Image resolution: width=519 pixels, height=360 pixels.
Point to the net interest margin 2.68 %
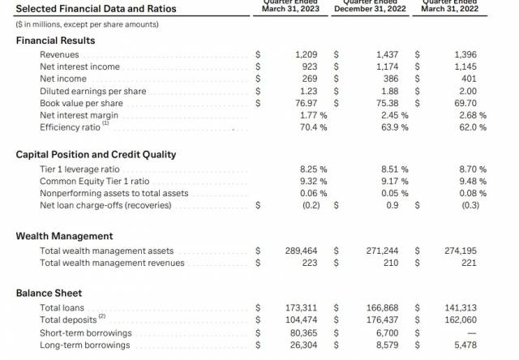click(471, 115)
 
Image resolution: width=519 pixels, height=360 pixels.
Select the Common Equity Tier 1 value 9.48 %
click(471, 181)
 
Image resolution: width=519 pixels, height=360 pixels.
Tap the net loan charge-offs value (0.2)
click(309, 205)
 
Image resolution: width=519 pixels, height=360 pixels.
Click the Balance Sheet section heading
click(49, 293)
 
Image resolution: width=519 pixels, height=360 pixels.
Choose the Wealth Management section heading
click(64, 236)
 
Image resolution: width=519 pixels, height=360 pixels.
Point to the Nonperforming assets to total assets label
click(114, 193)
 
